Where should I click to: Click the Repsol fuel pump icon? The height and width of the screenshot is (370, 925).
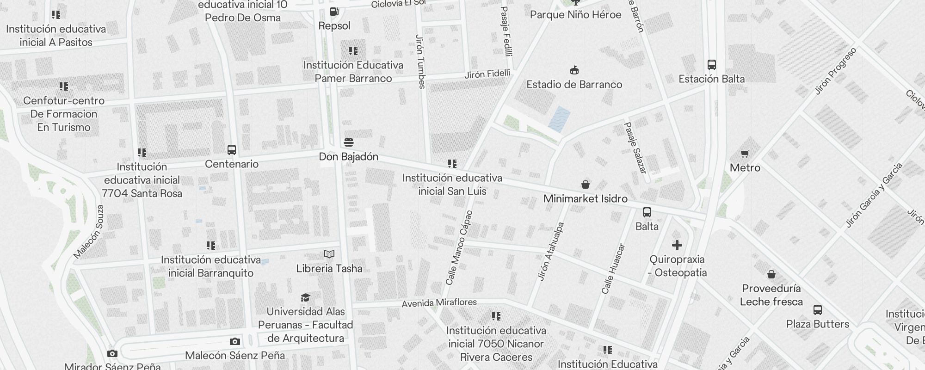point(334,12)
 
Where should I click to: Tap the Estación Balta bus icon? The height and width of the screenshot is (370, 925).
point(711,65)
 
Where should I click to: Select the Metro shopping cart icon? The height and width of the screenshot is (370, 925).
point(745,154)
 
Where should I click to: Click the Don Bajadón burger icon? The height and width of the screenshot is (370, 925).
point(349,142)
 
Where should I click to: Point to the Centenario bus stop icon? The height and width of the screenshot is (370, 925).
point(232,150)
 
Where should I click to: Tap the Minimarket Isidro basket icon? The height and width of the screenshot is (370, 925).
point(585,185)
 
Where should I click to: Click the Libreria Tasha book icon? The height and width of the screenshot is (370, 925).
point(329,254)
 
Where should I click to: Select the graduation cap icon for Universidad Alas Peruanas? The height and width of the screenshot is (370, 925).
point(305,297)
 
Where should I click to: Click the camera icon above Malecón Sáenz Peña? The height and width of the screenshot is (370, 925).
point(234,342)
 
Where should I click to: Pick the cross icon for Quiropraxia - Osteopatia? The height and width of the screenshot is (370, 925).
point(677,245)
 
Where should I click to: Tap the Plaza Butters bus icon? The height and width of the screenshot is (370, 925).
point(817,310)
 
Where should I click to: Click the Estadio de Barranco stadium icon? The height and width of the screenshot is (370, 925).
point(574,70)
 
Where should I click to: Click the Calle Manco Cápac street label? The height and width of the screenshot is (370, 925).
point(459,248)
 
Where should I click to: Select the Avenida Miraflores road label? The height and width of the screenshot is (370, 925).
point(439,303)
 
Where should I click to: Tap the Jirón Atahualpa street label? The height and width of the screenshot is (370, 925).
point(551,252)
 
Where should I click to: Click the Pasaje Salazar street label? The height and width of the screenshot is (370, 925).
point(635,148)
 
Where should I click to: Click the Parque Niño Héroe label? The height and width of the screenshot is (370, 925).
point(575,15)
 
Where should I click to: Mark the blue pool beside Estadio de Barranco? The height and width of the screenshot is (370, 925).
point(559,119)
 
